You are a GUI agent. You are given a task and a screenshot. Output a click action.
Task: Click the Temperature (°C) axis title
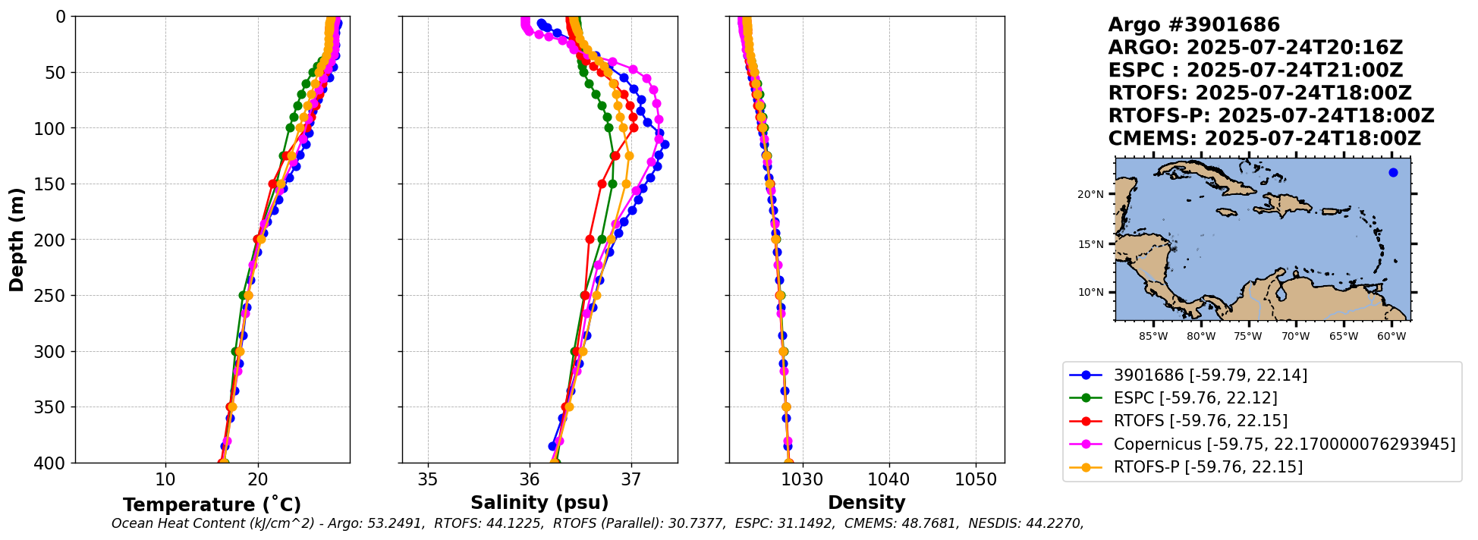click(212, 504)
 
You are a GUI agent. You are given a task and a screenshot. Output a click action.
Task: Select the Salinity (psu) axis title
click(539, 503)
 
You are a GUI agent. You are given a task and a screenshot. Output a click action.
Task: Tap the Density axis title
click(866, 503)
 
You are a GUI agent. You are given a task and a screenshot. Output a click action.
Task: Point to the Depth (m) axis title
click(17, 239)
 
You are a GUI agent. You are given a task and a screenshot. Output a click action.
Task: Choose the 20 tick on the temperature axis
click(258, 479)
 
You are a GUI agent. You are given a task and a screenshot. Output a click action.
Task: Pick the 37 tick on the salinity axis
click(631, 479)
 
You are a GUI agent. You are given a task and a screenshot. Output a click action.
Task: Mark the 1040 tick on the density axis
click(888, 479)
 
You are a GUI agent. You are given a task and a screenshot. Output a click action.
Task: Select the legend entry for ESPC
click(1195, 398)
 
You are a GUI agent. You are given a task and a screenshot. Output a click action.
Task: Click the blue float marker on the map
click(1393, 172)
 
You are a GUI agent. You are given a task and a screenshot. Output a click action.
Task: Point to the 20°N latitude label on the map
click(1090, 194)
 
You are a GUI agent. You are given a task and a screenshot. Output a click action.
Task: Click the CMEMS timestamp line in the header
click(1264, 139)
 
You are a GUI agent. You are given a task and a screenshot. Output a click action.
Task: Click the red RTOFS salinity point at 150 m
click(602, 184)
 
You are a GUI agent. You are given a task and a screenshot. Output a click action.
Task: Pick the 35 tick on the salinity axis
click(428, 479)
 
